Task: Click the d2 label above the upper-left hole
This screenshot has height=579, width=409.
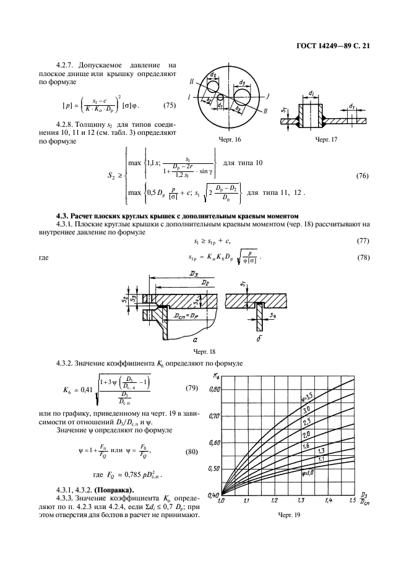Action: pyautogui.click(x=213, y=74)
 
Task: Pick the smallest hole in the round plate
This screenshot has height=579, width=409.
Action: pyautogui.click(x=220, y=97)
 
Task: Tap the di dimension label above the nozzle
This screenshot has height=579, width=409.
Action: pyautogui.click(x=310, y=93)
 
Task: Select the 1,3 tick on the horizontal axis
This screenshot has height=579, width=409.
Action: pyautogui.click(x=301, y=500)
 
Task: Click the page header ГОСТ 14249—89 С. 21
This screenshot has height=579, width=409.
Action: pyautogui.click(x=331, y=45)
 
